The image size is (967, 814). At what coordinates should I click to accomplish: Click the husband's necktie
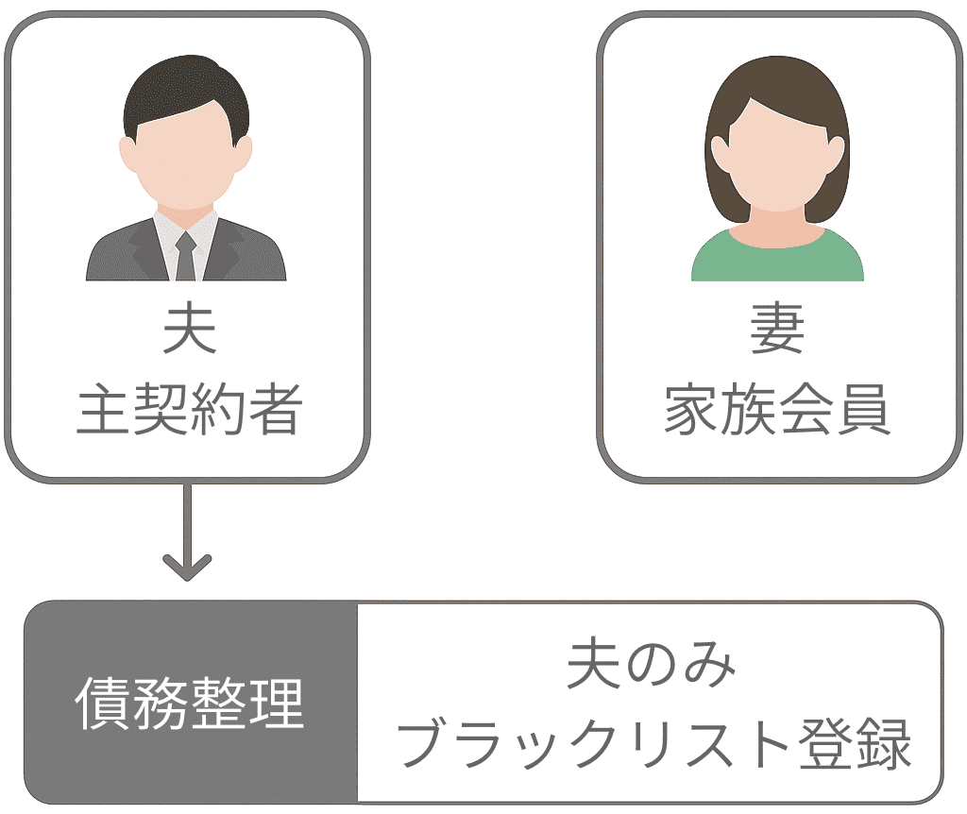point(185,255)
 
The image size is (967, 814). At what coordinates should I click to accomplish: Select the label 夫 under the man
point(187,330)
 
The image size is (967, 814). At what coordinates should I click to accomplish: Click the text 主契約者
point(188,409)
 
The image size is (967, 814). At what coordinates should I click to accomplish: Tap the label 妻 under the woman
point(776,330)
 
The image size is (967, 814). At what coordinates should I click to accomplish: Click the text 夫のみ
point(651,665)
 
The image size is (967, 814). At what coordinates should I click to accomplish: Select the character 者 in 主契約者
point(273,409)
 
